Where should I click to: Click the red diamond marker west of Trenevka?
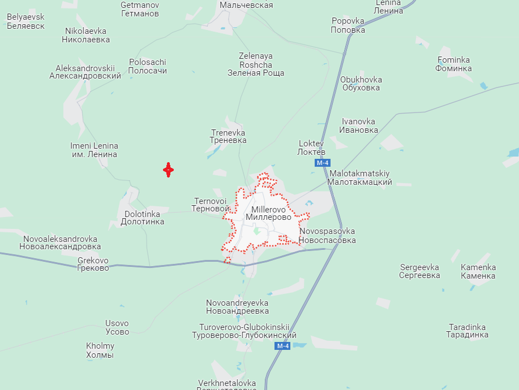pos(168,170)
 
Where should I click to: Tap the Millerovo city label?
pos(268,213)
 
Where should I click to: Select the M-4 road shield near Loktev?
pos(323,163)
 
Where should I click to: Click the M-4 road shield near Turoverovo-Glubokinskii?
pos(283,346)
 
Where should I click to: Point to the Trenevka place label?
pos(228,136)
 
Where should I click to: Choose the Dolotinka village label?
pos(143,218)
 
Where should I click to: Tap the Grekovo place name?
pos(93,264)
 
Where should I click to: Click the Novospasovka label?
pos(327,236)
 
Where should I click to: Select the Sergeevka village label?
pos(419,271)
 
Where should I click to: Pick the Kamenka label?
pos(478,271)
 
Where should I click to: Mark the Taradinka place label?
pos(467,331)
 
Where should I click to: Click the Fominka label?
pos(453,64)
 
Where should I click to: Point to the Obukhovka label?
pos(361,84)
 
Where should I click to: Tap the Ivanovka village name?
pos(359,125)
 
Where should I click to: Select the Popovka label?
pos(348,25)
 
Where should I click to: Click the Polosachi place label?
pos(148,67)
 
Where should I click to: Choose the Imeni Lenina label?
pos(94,150)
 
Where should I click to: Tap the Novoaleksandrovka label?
pos(60,242)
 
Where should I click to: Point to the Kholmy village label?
pos(100,350)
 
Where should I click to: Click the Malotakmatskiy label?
pos(360,177)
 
